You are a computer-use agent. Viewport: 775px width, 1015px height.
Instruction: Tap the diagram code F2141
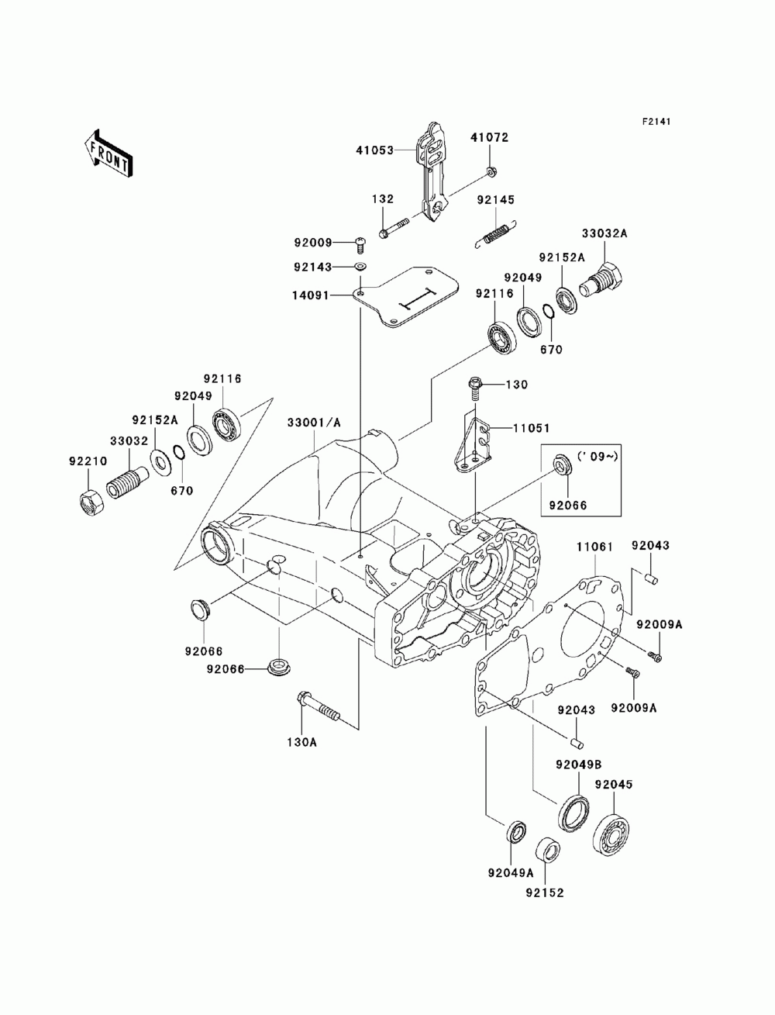[x=656, y=122]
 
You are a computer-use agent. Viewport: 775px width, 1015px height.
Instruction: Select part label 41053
[x=375, y=150]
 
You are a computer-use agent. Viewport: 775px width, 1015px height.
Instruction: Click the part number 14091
[x=310, y=295]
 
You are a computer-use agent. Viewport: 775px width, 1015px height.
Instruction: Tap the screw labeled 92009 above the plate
[x=360, y=243]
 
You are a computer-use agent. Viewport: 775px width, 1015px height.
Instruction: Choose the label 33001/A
[x=314, y=422]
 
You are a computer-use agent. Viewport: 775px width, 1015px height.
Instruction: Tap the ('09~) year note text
[x=598, y=457]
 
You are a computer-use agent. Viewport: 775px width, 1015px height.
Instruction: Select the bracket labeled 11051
[x=473, y=445]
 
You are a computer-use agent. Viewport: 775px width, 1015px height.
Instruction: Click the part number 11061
[x=594, y=547]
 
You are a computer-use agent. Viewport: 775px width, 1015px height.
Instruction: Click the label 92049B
[x=579, y=765]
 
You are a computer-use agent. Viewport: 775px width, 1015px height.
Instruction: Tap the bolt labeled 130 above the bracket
[x=475, y=388]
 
